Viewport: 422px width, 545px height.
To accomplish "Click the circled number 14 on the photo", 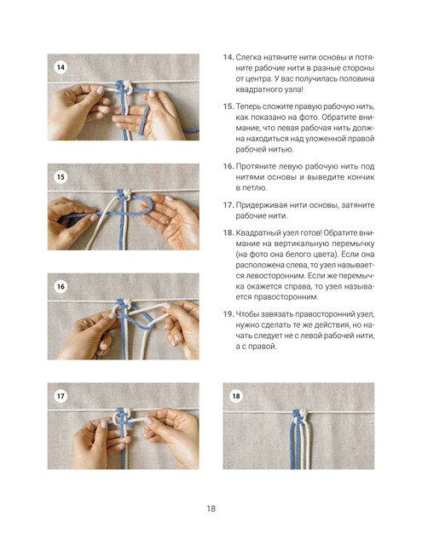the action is click(61, 67).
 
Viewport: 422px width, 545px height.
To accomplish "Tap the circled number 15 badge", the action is click(61, 177).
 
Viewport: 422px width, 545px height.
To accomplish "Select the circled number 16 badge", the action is click(61, 286).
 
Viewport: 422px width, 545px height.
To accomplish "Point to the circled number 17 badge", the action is click(61, 396).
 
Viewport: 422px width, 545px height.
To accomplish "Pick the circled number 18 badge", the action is click(236, 396).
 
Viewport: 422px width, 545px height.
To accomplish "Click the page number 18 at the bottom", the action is click(211, 508).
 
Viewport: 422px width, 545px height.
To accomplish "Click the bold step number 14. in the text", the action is click(228, 57).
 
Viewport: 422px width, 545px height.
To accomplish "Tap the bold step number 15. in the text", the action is click(228, 106).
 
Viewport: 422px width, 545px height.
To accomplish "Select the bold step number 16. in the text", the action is click(228, 166).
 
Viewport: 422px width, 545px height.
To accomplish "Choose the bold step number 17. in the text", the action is click(228, 205).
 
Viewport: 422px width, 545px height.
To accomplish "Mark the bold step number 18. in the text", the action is click(228, 232).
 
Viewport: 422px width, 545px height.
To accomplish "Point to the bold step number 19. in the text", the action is click(228, 314).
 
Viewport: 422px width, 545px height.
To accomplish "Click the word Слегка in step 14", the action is click(248, 57).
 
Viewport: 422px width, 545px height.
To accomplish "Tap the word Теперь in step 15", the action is click(248, 106).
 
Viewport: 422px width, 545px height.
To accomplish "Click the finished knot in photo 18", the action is click(300, 413).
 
